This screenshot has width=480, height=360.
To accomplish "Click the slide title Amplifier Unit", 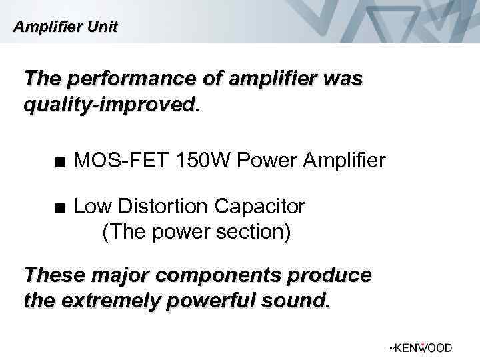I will [66, 27].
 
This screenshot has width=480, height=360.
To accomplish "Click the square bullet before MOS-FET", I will [61, 161].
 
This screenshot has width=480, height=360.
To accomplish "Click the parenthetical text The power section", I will [196, 233].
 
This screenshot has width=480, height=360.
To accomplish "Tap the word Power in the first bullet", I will [264, 160].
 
